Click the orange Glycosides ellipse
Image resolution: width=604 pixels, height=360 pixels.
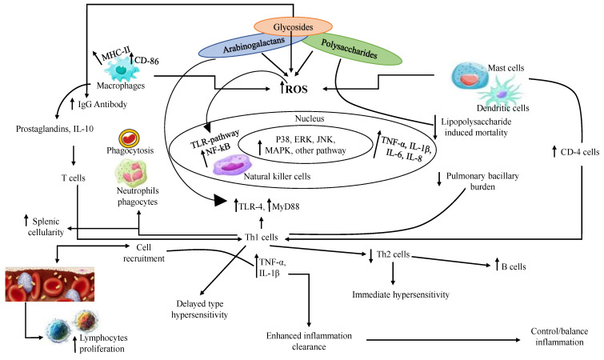pos(293,26)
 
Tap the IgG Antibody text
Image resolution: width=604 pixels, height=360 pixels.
pos(89,104)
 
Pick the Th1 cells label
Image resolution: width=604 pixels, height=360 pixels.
pos(259,237)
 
